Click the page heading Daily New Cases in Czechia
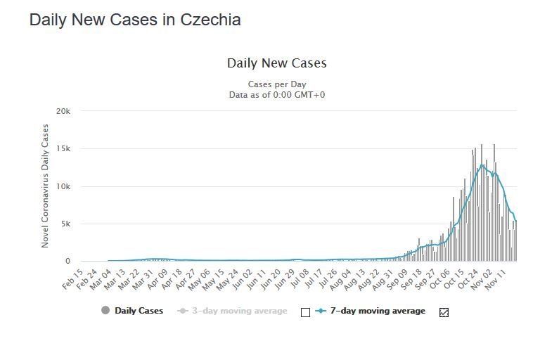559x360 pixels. (135, 20)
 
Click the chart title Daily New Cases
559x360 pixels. (276, 63)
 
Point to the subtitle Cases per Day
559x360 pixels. (276, 84)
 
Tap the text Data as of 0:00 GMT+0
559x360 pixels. (276, 95)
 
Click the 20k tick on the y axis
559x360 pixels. (63, 112)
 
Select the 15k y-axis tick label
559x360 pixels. (63, 149)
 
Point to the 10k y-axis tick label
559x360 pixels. (63, 186)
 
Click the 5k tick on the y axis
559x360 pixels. (65, 224)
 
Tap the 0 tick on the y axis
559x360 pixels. (68, 262)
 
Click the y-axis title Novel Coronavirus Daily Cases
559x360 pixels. (46, 186)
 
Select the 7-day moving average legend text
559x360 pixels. (378, 311)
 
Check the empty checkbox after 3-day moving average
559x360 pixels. (305, 312)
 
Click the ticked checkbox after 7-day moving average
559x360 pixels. (444, 312)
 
